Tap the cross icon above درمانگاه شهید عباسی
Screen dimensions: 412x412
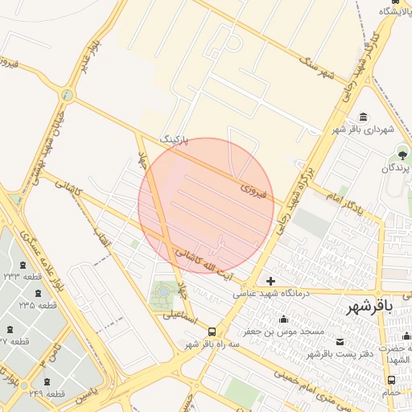tap(270, 281)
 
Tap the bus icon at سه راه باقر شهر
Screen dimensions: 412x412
tap(212, 332)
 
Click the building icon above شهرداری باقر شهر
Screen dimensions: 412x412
tap(365, 117)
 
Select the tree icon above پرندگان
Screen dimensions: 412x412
tap(402, 154)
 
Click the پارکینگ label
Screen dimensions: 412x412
tap(179, 140)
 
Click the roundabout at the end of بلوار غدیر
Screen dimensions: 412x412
tap(67, 95)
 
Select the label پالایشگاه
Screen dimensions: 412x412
tap(398, 10)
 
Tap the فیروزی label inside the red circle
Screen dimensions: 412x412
tap(253, 192)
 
